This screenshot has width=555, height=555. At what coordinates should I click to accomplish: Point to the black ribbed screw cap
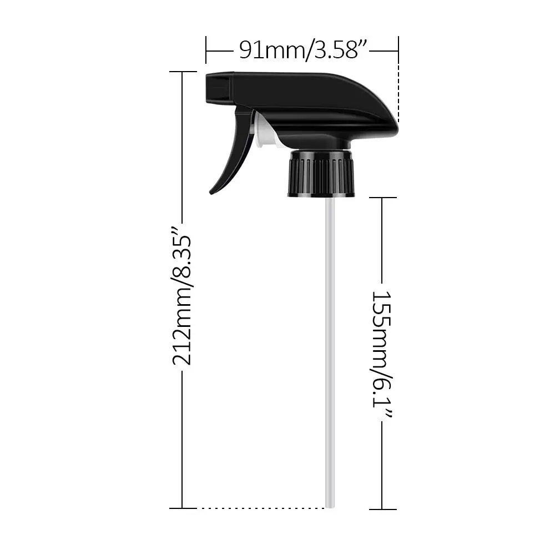[x=321, y=174]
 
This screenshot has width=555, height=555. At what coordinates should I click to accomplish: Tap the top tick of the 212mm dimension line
[x=183, y=72]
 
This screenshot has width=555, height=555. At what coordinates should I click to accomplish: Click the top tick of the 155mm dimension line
[x=382, y=198]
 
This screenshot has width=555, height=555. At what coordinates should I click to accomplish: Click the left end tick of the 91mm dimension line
[x=206, y=51]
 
